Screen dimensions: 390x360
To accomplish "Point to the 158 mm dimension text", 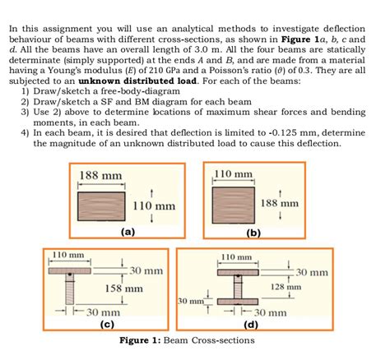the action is point(124,288).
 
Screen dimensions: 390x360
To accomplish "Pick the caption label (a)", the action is point(127,232).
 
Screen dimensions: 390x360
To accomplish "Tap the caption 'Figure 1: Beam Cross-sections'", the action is point(194,339).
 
